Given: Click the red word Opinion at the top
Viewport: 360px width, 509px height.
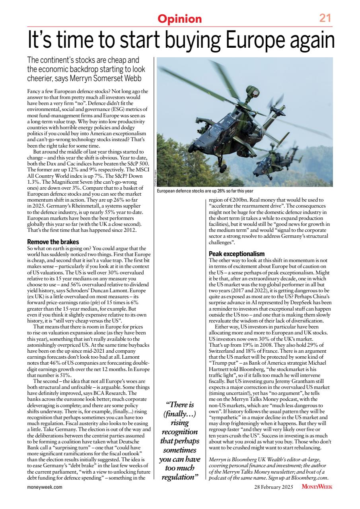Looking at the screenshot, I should (x=180, y=19).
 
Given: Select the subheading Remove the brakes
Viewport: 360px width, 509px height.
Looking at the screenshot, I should (x=53, y=242).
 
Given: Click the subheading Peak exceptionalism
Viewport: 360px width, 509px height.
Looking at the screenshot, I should (x=237, y=254).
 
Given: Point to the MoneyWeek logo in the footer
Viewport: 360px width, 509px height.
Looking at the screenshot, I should (x=317, y=486).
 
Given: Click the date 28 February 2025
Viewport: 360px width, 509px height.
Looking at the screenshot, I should (x=274, y=486).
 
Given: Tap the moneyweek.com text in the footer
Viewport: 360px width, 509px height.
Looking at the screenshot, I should (x=45, y=486).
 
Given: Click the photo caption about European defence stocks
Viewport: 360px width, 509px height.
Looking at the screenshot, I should (x=205, y=192).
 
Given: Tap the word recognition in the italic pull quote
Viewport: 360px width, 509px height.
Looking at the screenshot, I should (x=179, y=432).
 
